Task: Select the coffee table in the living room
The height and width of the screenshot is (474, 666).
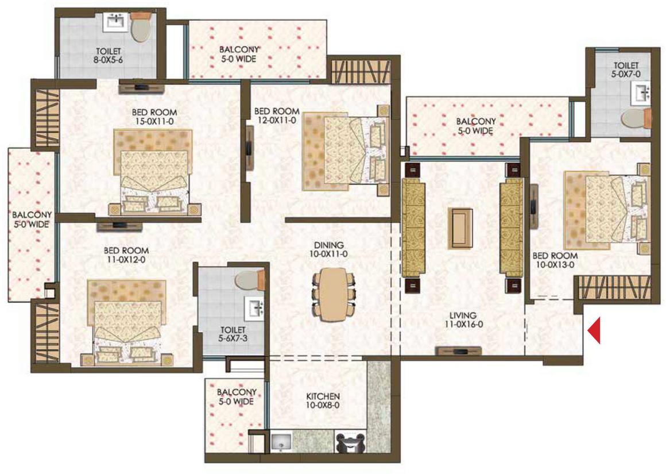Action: pyautogui.click(x=461, y=228)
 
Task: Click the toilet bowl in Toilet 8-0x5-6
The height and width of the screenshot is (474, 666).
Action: pyautogui.click(x=140, y=29)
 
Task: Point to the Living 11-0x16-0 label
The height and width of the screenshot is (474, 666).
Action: pyautogui.click(x=463, y=319)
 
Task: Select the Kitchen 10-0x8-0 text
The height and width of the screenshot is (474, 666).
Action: pyautogui.click(x=323, y=400)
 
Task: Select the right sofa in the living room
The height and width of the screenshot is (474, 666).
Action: pyautogui.click(x=509, y=228)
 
